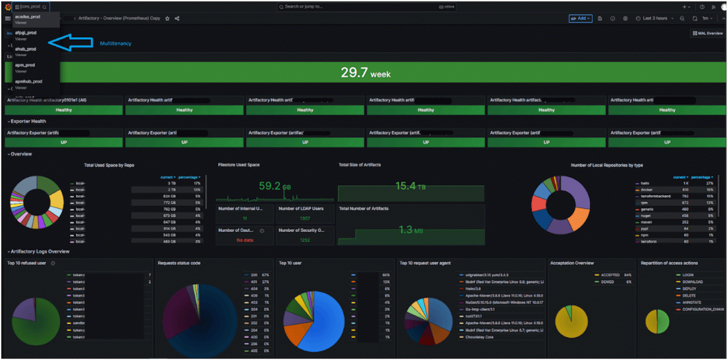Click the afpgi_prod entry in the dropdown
pyautogui.click(x=26, y=33)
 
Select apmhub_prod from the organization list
pyautogui.click(x=29, y=82)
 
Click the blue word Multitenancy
pyautogui.click(x=116, y=43)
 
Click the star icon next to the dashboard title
pyautogui.click(x=167, y=18)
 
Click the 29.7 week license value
pyautogui.click(x=365, y=73)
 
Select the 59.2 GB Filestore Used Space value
pyautogui.click(x=275, y=186)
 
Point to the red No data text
pyautogui.click(x=245, y=240)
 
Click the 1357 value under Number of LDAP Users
pyautogui.click(x=305, y=218)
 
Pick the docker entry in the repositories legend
pyautogui.click(x=646, y=190)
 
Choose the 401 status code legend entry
pyautogui.click(x=254, y=282)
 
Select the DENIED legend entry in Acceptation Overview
pyautogui.click(x=607, y=282)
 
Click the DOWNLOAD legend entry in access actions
pyautogui.click(x=692, y=282)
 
